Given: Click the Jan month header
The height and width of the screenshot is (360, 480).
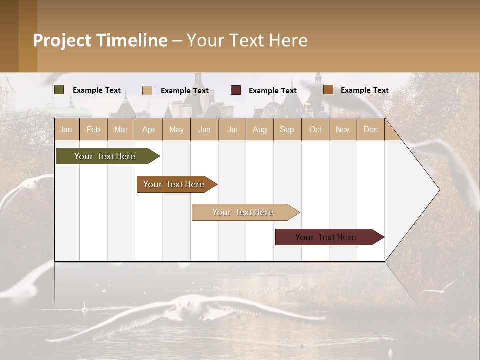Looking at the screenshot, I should point(66,129).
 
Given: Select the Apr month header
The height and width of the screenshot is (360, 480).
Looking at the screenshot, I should point(148,129).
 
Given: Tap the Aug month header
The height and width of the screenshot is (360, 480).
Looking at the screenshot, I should point(259,129).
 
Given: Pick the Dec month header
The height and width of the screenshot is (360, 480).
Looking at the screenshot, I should point(370,129).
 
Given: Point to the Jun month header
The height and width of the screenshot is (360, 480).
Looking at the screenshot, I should point(204,129).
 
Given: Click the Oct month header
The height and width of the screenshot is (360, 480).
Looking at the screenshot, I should point(315,129).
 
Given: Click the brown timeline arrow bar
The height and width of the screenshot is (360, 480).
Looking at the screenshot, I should point(175,184).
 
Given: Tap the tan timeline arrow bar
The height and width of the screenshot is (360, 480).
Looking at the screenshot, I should point(244,212).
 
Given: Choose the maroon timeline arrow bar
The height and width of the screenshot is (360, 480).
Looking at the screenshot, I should point(327,237).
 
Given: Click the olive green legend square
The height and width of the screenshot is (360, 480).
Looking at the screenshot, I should point(59,90).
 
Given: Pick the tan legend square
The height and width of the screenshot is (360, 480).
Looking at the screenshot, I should point(147,90).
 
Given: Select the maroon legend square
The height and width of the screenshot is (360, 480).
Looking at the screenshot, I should point(236,90).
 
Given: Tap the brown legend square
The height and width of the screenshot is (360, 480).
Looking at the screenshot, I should point(328,90).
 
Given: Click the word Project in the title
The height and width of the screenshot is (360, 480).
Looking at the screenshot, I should point(62,40).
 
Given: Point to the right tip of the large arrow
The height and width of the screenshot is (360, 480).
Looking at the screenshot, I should point(439,189).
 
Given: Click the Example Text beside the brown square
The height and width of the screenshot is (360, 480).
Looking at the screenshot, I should point(364,90).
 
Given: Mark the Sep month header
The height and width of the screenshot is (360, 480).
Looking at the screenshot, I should point(287,129).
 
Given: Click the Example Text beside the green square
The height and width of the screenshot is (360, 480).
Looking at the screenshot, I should point(97,90).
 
